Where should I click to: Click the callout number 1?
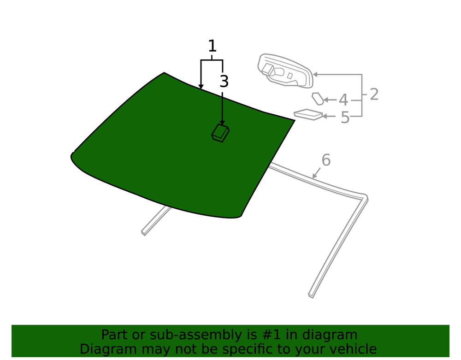pyautogui.click(x=212, y=46)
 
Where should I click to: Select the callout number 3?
pyautogui.click(x=224, y=82)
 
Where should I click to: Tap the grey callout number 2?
pyautogui.click(x=374, y=94)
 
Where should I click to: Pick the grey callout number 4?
pyautogui.click(x=343, y=100)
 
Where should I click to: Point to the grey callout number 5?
pyautogui.click(x=345, y=117)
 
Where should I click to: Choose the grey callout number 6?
pyautogui.click(x=326, y=160)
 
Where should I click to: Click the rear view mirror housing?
pyautogui.click(x=285, y=71)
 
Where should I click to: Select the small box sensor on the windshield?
pyautogui.click(x=220, y=133)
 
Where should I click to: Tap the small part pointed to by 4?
pyautogui.click(x=318, y=99)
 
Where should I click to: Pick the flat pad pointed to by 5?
pyautogui.click(x=308, y=115)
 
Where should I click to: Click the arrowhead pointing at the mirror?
pyautogui.click(x=315, y=75)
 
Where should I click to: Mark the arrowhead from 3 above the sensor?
pyautogui.click(x=222, y=123)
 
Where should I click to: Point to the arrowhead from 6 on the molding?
pyautogui.click(x=314, y=176)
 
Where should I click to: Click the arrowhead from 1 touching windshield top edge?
pyautogui.click(x=201, y=86)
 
